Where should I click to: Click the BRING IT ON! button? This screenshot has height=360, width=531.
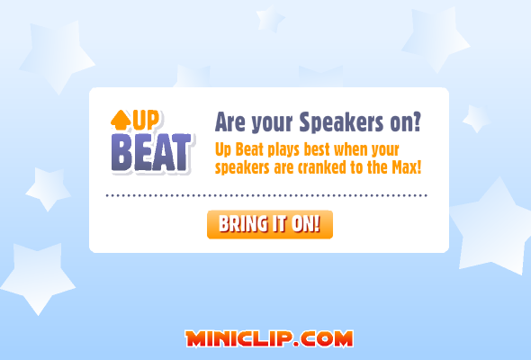click(x=270, y=224)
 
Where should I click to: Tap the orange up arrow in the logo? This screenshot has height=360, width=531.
click(x=121, y=121)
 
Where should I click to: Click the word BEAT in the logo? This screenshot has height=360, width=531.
click(x=151, y=152)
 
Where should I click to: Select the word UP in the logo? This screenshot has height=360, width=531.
click(x=146, y=121)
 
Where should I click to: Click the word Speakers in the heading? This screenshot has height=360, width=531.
click(x=341, y=121)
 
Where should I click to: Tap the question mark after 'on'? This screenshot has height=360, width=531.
click(x=416, y=121)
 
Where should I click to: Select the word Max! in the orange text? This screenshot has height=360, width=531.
click(x=407, y=167)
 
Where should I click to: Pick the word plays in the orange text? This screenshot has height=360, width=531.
click(x=283, y=150)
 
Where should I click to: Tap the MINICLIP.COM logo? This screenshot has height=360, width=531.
click(x=269, y=338)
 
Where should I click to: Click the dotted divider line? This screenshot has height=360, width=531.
click(x=266, y=195)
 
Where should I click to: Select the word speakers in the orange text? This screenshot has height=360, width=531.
click(x=242, y=168)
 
